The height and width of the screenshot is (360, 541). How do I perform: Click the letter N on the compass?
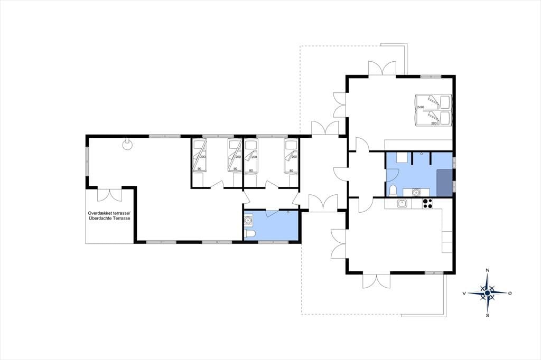click(488, 270)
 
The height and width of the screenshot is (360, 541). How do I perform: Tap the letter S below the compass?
click(488, 315)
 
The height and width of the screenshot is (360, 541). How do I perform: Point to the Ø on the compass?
click(510, 293)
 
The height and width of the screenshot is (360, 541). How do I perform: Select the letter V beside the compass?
click(464, 293)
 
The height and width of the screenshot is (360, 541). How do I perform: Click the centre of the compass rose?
click(487, 293)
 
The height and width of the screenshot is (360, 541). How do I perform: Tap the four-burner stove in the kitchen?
click(427, 203)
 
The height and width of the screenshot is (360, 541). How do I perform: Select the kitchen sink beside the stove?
click(402, 204)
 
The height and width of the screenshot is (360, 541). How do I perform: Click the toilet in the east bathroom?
click(393, 191)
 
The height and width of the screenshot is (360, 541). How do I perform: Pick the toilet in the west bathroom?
click(249, 235)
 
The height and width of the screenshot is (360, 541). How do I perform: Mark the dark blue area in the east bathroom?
click(444, 183)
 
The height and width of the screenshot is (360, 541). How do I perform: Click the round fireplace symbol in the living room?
click(127, 145)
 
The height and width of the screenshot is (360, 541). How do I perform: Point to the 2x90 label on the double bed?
click(421, 107)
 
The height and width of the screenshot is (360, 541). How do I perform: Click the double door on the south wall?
click(376, 281)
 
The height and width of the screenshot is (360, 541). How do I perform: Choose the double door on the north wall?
click(381, 68)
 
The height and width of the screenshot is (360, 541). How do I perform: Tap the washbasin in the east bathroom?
click(416, 192)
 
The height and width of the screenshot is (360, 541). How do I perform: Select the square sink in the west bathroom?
click(248, 219)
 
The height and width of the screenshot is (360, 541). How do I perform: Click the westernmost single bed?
click(199, 156)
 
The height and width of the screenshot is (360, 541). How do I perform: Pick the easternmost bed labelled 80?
click(291, 156)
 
